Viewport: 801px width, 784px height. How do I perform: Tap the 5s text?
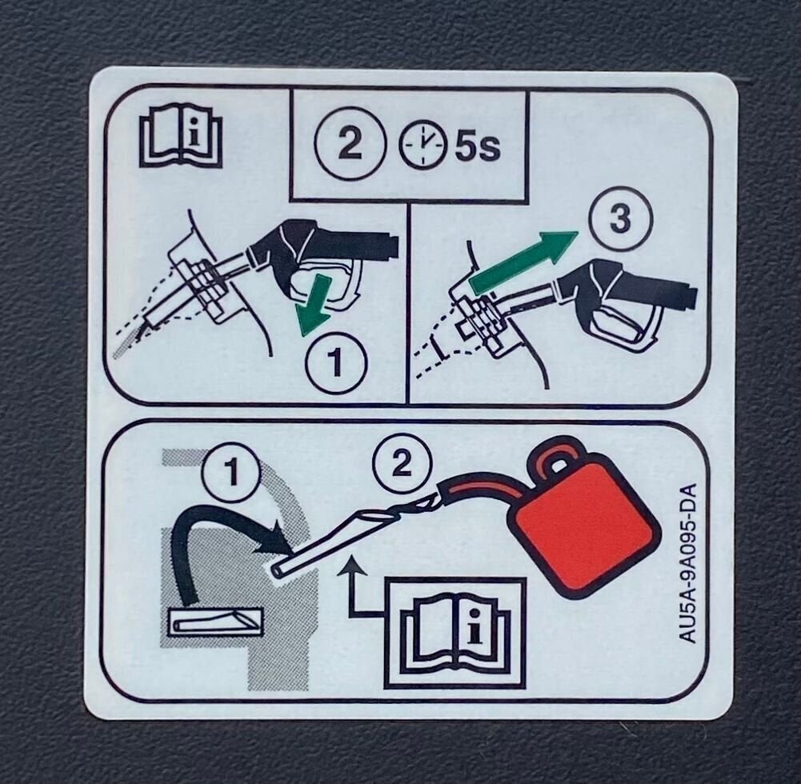(x=477, y=146)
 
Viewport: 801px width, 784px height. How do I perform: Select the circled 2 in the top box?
(x=350, y=143)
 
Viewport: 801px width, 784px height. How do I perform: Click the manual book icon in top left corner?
(x=181, y=136)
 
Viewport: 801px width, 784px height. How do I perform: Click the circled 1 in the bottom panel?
(x=232, y=473)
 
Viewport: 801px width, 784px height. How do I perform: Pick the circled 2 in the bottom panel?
(x=402, y=463)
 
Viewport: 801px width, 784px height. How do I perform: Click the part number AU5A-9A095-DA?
(x=687, y=563)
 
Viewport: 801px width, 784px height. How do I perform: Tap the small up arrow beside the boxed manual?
(x=351, y=587)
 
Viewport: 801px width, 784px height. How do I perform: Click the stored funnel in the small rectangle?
(x=214, y=623)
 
